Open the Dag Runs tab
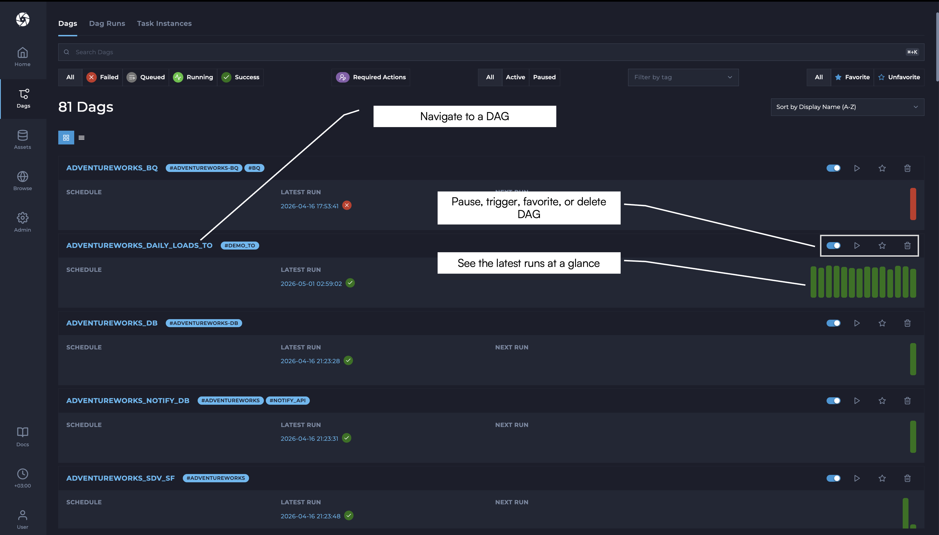(107, 24)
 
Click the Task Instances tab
(164, 24)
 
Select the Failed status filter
(102, 77)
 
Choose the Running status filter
(193, 77)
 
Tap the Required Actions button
(371, 77)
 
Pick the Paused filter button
(544, 77)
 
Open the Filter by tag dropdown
(683, 77)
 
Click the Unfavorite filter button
(899, 77)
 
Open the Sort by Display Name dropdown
(847, 107)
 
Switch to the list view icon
(82, 138)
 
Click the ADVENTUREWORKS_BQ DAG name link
(112, 168)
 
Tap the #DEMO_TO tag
(240, 246)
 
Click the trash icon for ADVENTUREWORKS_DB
(907, 323)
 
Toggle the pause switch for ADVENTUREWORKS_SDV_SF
(833, 478)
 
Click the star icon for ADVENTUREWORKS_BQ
(882, 168)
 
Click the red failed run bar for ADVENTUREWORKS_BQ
(913, 204)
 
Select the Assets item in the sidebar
(22, 140)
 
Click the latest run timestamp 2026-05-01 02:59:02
(311, 284)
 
